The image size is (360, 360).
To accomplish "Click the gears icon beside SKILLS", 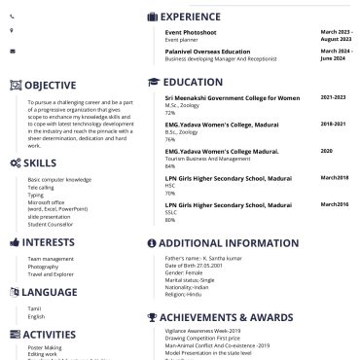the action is click(x=15, y=162).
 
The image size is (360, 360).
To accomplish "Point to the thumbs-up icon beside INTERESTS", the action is click(x=14, y=242).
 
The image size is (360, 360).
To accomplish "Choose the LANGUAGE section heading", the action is click(x=50, y=292).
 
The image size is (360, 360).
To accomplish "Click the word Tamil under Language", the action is click(x=35, y=308).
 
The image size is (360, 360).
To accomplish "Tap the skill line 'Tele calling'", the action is click(x=42, y=187).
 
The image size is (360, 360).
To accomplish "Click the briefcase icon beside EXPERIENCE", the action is click(x=152, y=17).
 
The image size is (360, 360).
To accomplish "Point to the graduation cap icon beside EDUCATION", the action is click(x=152, y=83).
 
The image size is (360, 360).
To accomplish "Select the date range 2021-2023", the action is click(x=333, y=98).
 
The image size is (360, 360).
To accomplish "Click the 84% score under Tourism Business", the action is click(x=170, y=166).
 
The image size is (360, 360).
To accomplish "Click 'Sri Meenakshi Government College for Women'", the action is click(x=232, y=98).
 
